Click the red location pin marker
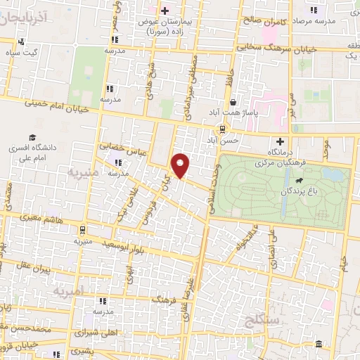(x=181, y=165)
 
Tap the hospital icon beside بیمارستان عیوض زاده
(x=165, y=11)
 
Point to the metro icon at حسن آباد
(x=222, y=129)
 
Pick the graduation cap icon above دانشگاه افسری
(x=32, y=137)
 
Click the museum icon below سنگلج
(x=319, y=345)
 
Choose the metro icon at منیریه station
(x=83, y=229)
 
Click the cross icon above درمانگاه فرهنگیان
(x=280, y=141)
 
